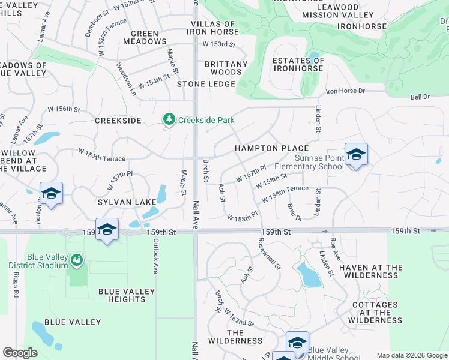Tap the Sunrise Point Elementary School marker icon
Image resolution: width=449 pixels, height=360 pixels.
click(x=356, y=155)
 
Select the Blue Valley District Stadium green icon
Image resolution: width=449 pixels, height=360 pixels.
click(x=76, y=260)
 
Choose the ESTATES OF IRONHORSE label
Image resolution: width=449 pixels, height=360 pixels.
click(x=298, y=64)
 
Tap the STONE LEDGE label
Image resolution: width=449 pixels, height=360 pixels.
click(x=206, y=84)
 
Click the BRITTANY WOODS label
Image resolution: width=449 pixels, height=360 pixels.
click(x=226, y=68)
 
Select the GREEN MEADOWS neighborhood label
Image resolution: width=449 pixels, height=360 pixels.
click(x=145, y=37)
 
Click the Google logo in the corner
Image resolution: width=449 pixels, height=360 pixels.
click(x=20, y=353)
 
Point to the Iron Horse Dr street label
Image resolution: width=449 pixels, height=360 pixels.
click(x=345, y=91)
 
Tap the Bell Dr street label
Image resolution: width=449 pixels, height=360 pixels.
click(x=420, y=97)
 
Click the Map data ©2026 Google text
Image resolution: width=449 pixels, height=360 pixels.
click(x=411, y=355)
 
